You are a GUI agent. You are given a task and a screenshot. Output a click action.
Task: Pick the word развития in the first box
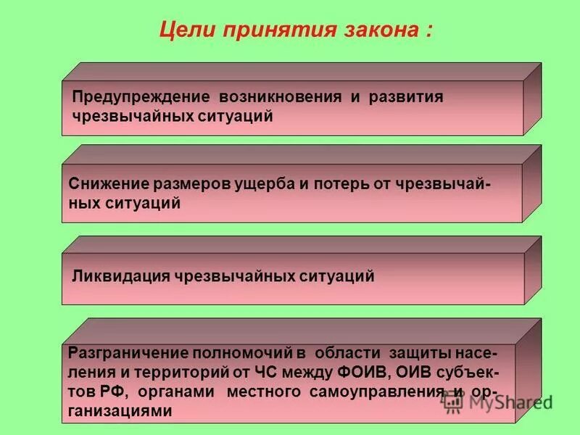pyautogui.click(x=406, y=97)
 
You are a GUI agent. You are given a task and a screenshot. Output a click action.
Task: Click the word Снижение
pyautogui.click(x=109, y=186)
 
